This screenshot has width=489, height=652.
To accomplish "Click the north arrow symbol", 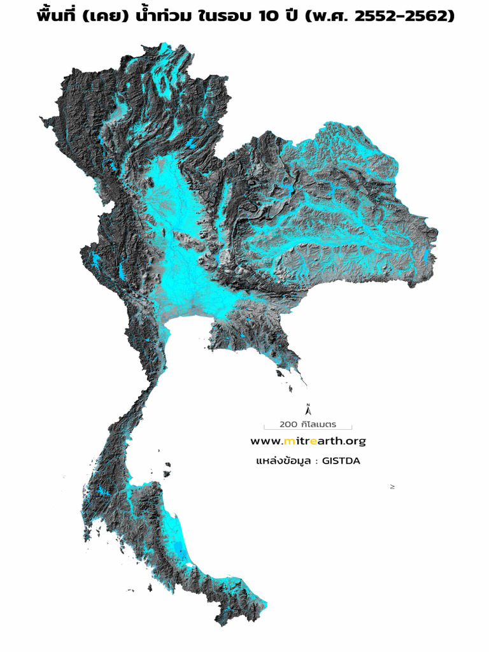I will coord(308,409).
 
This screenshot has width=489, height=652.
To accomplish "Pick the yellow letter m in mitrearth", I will coord(289,441).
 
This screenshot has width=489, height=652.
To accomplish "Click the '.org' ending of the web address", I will coord(354,441).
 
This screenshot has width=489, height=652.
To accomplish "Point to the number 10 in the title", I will coord(271,16).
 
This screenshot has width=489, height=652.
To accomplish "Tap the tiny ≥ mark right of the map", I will coord(392,486).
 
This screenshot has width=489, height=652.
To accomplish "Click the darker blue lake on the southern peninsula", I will coord(182,552).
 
